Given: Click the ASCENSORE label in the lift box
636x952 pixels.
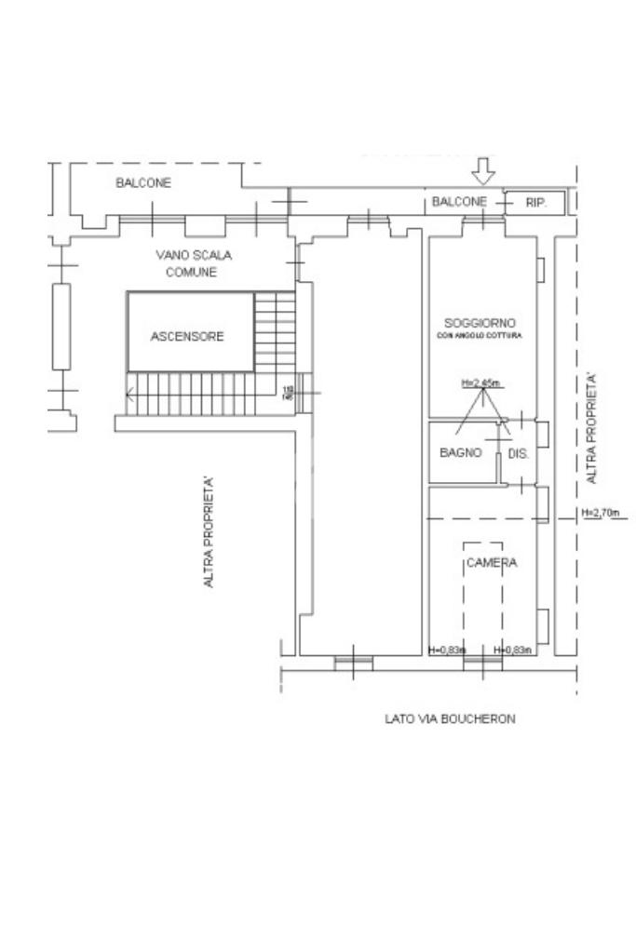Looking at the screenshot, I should click(187, 337).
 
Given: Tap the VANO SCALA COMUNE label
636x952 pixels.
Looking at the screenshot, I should click(193, 263).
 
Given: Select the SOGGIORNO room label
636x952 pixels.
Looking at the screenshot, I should click(480, 322).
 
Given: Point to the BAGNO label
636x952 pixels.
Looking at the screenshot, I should click(460, 454).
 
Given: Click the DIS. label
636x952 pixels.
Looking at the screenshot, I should click(519, 455).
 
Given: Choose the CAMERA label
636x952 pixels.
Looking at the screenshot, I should click(491, 563).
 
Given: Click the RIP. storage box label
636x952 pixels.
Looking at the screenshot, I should click(535, 202).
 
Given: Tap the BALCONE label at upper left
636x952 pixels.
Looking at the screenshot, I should click(143, 183).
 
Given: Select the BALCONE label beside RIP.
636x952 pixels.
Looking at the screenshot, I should click(459, 202).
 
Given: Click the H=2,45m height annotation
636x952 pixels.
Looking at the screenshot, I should click(480, 383).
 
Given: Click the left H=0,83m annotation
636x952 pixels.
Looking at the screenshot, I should click(447, 650).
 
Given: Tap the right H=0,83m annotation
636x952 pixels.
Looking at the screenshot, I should click(512, 650).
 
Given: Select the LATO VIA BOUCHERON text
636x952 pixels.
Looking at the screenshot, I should click(450, 718).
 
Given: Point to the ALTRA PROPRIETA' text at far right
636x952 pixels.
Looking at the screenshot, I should click(592, 428).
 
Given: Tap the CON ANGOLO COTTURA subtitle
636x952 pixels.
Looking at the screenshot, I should click(480, 335).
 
